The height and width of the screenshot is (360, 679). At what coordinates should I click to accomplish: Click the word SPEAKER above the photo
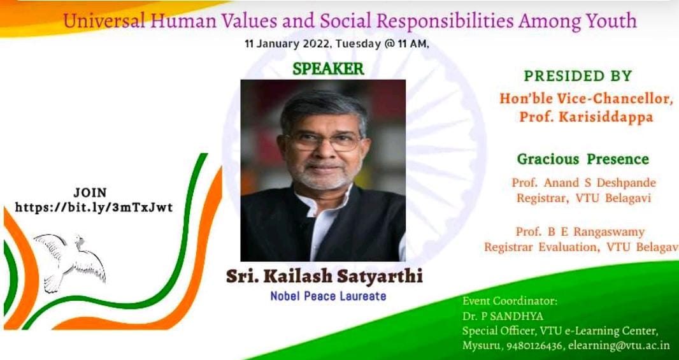pos(328,69)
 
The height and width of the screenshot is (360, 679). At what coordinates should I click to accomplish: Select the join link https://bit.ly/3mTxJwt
pos(94,208)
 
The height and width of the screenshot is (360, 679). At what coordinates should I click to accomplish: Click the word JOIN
pos(90,192)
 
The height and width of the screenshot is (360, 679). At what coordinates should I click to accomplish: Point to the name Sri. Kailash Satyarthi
pos(324,277)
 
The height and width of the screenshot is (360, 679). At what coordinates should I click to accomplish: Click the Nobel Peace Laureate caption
pos(328,296)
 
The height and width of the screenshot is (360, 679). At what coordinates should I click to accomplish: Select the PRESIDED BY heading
pos(578,76)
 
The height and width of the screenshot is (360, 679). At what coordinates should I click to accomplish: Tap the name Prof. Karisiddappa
pos(586,117)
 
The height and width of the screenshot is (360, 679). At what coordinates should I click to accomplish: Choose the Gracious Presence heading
pos(583,159)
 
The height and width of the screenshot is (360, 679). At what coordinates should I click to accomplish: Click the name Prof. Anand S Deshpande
pos(583,183)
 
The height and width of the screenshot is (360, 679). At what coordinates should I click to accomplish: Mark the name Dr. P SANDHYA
pos(503,316)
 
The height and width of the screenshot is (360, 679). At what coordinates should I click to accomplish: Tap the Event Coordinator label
pos(510,301)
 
